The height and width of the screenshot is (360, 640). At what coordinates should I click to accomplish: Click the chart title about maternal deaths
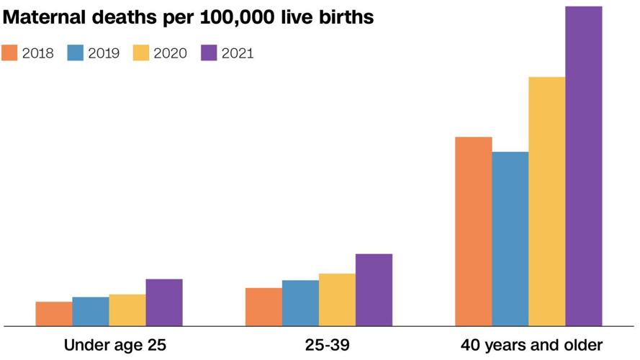(x=188, y=17)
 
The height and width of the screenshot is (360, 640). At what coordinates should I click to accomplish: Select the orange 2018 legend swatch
(x=9, y=53)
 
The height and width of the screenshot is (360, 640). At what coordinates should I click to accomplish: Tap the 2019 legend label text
(x=103, y=53)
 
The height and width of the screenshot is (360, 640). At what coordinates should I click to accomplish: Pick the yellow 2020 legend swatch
(x=141, y=53)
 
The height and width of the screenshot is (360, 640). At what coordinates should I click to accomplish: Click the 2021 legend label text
(x=237, y=53)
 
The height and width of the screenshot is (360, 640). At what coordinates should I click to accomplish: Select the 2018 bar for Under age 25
(x=54, y=314)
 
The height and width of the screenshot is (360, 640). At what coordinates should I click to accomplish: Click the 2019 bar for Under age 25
(x=91, y=311)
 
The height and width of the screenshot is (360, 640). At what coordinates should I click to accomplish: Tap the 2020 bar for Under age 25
(x=127, y=310)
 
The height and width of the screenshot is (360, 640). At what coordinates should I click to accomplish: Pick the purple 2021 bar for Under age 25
(x=164, y=302)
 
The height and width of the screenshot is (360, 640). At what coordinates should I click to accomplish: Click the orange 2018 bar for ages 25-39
(x=263, y=307)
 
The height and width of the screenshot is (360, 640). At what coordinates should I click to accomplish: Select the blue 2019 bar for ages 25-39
(x=300, y=303)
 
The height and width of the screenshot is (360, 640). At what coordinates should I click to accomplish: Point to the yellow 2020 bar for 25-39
(x=337, y=300)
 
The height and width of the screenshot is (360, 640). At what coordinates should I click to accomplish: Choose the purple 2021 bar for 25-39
(x=374, y=289)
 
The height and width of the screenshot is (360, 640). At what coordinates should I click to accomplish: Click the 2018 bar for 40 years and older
(x=474, y=231)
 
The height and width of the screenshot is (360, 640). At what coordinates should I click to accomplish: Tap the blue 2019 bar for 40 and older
(x=510, y=238)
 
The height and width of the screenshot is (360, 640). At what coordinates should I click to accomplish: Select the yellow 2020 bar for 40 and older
(x=547, y=201)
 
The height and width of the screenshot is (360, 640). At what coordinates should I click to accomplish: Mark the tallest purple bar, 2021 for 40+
(x=584, y=166)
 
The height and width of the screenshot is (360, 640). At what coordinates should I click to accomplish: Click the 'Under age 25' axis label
(x=115, y=345)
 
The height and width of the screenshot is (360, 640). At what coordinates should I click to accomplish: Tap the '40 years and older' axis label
(x=531, y=345)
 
